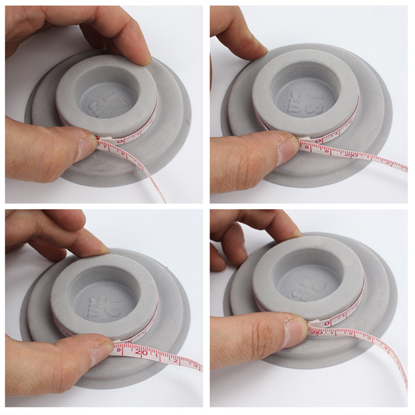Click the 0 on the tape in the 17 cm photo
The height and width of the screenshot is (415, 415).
point(121,140)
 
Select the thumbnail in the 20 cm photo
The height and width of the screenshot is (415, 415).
point(298,330)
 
